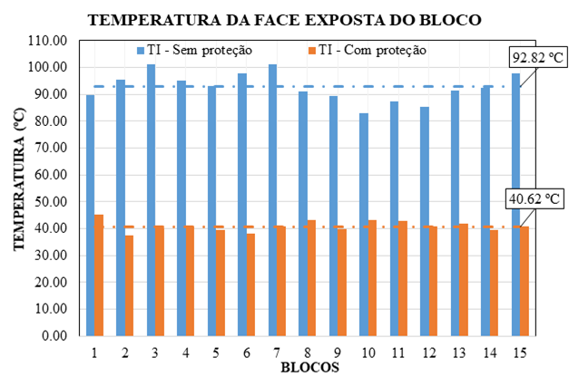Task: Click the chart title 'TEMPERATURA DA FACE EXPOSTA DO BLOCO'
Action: click(284, 19)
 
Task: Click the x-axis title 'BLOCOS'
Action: click(309, 367)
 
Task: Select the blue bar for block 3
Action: click(151, 199)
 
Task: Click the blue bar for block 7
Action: click(272, 199)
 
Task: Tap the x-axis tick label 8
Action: click(308, 351)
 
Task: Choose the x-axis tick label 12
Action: click(428, 351)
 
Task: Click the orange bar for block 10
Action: click(372, 277)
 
